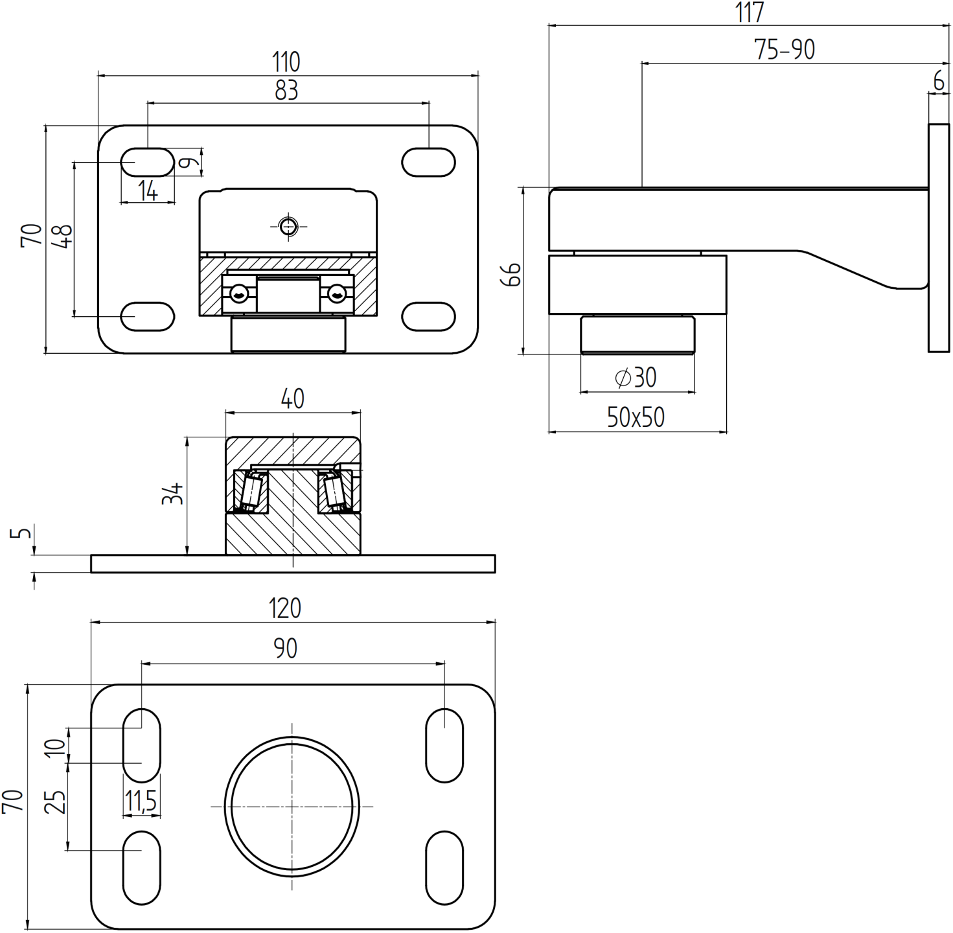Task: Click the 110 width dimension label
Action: [x=286, y=62]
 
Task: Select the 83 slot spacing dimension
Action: [x=286, y=91]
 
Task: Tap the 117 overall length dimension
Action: [x=750, y=13]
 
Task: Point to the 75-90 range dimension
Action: [x=784, y=50]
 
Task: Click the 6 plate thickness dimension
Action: [x=939, y=81]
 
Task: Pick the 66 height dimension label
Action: [x=511, y=275]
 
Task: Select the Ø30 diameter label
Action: [x=636, y=378]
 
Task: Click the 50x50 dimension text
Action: [x=636, y=418]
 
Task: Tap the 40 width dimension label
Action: [x=292, y=399]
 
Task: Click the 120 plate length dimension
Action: [x=285, y=608]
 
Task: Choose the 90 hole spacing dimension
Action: [x=285, y=649]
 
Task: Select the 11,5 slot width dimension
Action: [x=141, y=801]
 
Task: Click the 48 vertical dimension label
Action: [x=63, y=236]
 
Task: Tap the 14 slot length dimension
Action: [x=148, y=191]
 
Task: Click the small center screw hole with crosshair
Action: [x=288, y=226]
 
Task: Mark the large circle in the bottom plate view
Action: [x=292, y=807]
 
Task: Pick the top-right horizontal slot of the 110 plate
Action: [x=428, y=163]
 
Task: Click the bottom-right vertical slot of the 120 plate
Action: [x=444, y=868]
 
